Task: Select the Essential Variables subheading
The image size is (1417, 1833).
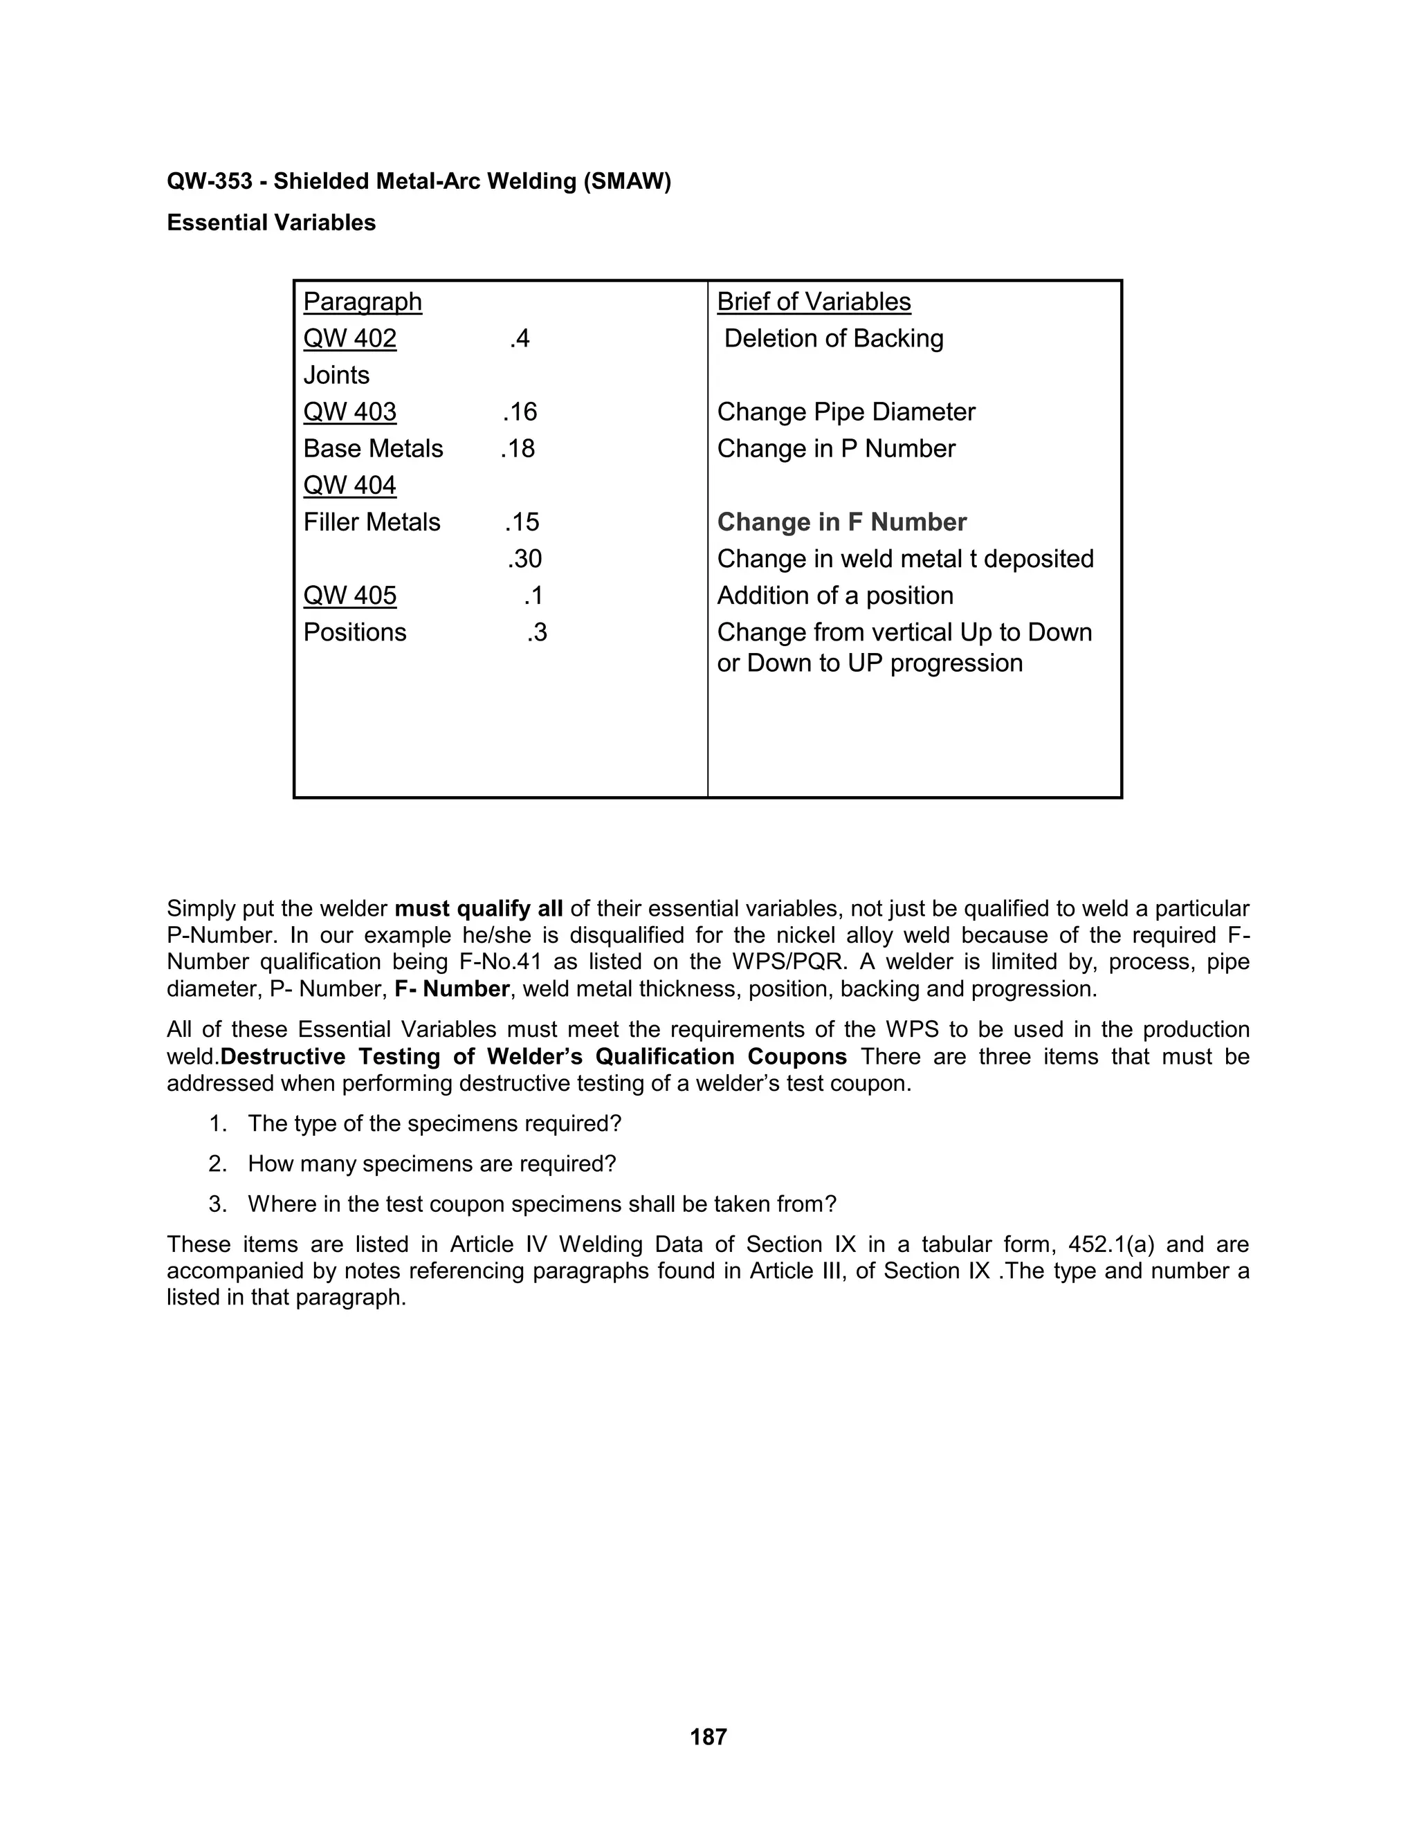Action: (x=271, y=223)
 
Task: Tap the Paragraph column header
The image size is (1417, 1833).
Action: (x=362, y=302)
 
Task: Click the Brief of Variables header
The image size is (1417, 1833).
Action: (x=814, y=302)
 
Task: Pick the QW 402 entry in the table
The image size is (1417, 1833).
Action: (x=350, y=338)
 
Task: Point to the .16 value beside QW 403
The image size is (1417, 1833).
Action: (x=520, y=412)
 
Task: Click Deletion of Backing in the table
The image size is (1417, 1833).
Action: (x=834, y=338)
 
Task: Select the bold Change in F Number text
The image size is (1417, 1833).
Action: (x=841, y=522)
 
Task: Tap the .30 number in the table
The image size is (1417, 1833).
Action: (x=524, y=559)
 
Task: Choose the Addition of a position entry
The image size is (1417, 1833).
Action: (x=834, y=596)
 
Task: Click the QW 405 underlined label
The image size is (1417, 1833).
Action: (x=350, y=596)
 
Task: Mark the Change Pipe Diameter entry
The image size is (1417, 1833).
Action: (x=845, y=412)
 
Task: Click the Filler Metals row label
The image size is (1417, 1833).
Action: (x=371, y=522)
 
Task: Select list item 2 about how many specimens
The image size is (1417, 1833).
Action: (x=432, y=1164)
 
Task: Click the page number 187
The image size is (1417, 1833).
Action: (x=708, y=1736)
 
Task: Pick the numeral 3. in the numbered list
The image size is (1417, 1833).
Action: (x=217, y=1204)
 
